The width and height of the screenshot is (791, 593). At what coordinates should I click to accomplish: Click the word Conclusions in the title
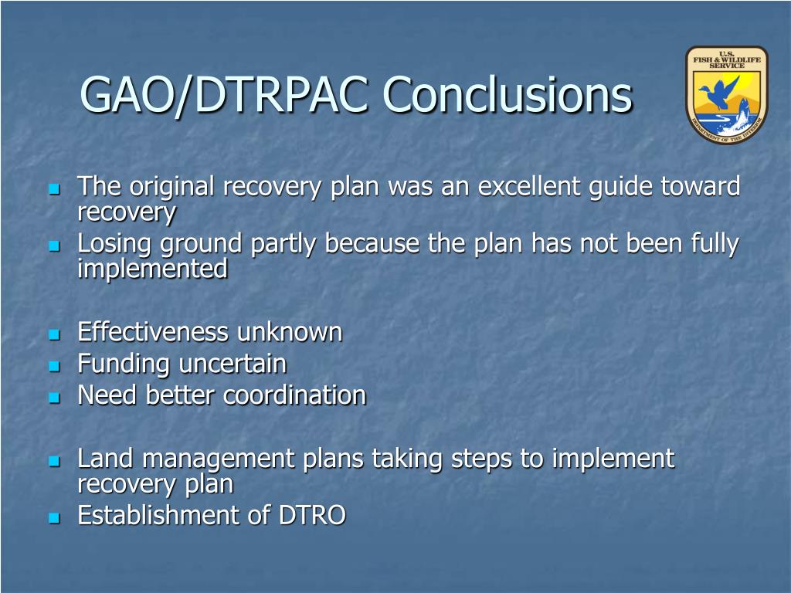(x=507, y=94)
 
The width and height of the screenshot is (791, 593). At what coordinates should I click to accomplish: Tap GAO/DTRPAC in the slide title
(x=224, y=95)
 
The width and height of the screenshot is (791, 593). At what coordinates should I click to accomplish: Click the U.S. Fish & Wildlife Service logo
(x=726, y=94)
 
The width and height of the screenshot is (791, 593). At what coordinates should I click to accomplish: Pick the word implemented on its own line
(x=152, y=268)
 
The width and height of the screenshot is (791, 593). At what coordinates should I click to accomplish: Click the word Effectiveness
(x=153, y=332)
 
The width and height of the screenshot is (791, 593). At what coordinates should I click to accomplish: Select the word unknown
(x=290, y=332)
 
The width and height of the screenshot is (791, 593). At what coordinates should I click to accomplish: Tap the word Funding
(x=124, y=364)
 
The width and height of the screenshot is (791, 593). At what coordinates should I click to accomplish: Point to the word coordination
(x=294, y=395)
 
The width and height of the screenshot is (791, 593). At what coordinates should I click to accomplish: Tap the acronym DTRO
(x=312, y=515)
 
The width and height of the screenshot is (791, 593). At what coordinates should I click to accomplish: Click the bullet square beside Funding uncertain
(x=55, y=365)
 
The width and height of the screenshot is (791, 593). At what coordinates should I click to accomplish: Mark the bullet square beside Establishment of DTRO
(x=55, y=517)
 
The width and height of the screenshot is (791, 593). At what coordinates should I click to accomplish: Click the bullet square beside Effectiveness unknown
(x=55, y=334)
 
